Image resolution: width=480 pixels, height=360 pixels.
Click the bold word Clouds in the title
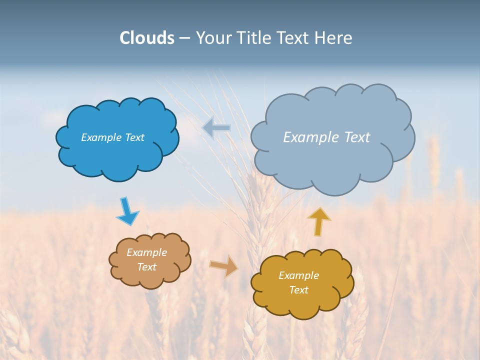(147, 38)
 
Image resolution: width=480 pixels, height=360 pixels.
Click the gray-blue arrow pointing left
(216, 128)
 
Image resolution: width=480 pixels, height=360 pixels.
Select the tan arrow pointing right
(224, 265)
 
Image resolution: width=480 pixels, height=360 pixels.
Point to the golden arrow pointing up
(319, 221)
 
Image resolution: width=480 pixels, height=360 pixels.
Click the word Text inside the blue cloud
(134, 137)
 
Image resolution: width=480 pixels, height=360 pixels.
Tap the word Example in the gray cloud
(308, 137)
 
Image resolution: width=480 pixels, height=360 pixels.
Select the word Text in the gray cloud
(356, 137)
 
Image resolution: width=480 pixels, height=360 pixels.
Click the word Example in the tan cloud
(146, 252)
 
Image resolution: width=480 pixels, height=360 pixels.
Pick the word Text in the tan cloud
(146, 267)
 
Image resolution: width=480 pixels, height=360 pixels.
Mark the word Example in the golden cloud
(298, 275)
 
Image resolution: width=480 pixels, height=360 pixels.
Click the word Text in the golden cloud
(298, 290)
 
